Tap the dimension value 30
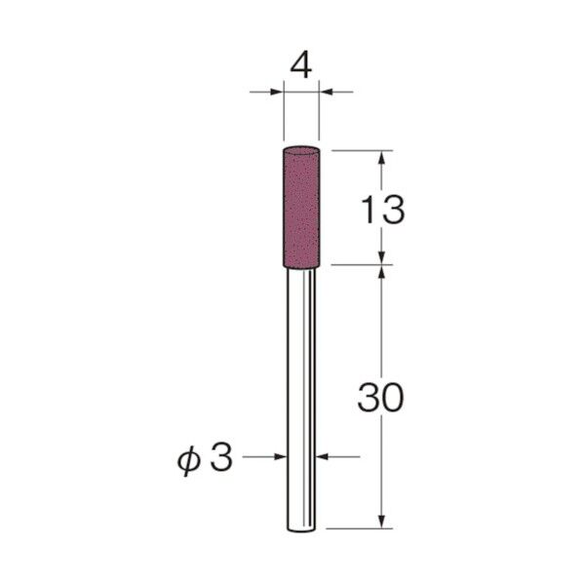coord(380,398)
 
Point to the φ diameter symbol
coord(193,458)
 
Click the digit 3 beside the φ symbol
coord(222,458)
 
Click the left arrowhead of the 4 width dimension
coord(277,92)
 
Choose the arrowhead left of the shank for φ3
coord(281,455)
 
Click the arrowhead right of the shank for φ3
coord(323,455)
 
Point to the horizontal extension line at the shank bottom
coord(361,528)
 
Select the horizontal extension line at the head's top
coord(361,150)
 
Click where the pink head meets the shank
coord(301,262)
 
